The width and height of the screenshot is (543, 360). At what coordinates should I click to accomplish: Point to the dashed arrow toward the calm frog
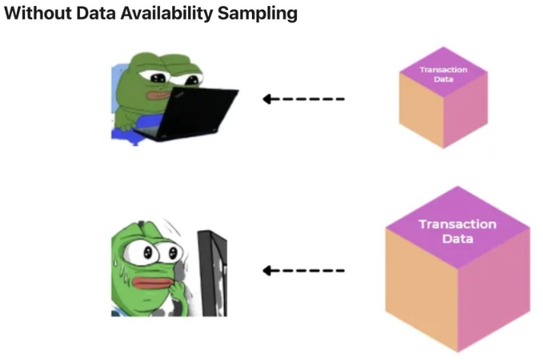tap(303, 99)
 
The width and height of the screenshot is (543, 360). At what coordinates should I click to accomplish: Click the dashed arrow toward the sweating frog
tap(303, 270)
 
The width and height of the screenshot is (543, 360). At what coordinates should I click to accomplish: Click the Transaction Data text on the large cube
tap(457, 231)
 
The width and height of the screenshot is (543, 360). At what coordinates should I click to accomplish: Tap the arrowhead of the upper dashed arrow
tap(267, 99)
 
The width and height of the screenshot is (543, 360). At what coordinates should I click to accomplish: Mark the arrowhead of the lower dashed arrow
tap(267, 270)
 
